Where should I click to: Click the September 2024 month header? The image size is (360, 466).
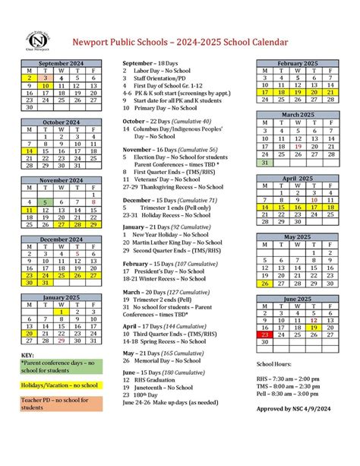coord(61,63)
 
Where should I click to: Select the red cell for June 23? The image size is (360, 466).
coord(264,334)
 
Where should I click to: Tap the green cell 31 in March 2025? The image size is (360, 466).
coord(264,163)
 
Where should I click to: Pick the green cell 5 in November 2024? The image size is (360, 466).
coord(45,202)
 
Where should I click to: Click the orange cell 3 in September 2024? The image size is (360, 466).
coord(45,78)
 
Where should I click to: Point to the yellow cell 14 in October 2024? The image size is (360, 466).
coord(29,151)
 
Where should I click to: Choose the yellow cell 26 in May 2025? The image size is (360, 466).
coord(264,284)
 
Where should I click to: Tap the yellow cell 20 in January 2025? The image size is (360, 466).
coord(29,333)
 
